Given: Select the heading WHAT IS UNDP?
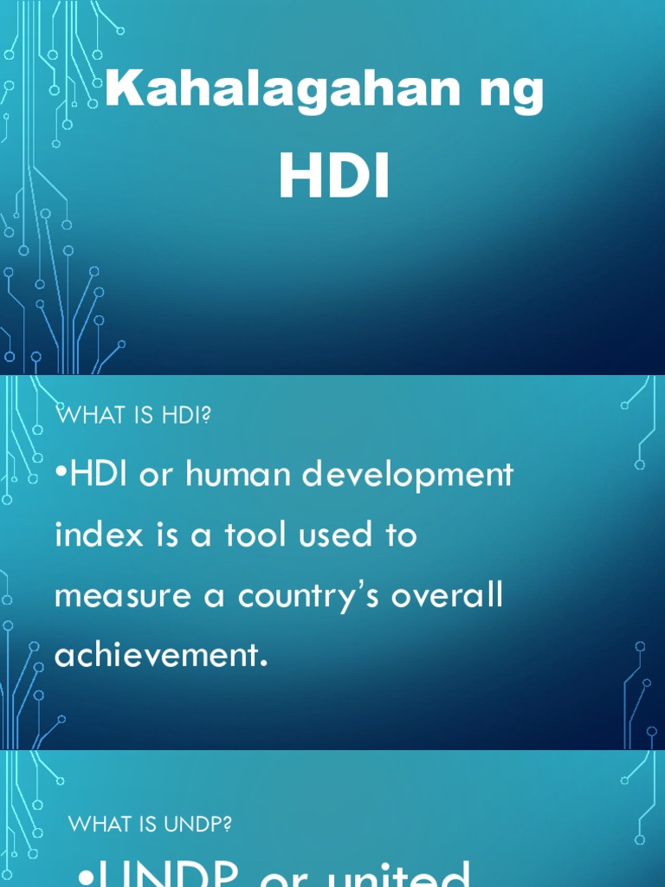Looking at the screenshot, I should [150, 824].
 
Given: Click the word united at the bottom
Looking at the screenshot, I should [397, 875].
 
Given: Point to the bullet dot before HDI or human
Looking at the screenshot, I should [60, 476].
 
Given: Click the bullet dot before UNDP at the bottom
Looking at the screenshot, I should [84, 877].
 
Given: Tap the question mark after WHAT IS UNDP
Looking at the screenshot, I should [228, 824].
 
